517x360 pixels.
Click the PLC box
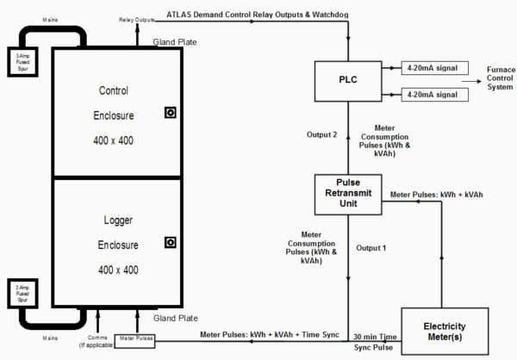(347, 80)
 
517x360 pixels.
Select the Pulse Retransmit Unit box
(347, 195)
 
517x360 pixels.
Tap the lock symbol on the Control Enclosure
(171, 113)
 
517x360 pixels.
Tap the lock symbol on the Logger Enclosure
(171, 243)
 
